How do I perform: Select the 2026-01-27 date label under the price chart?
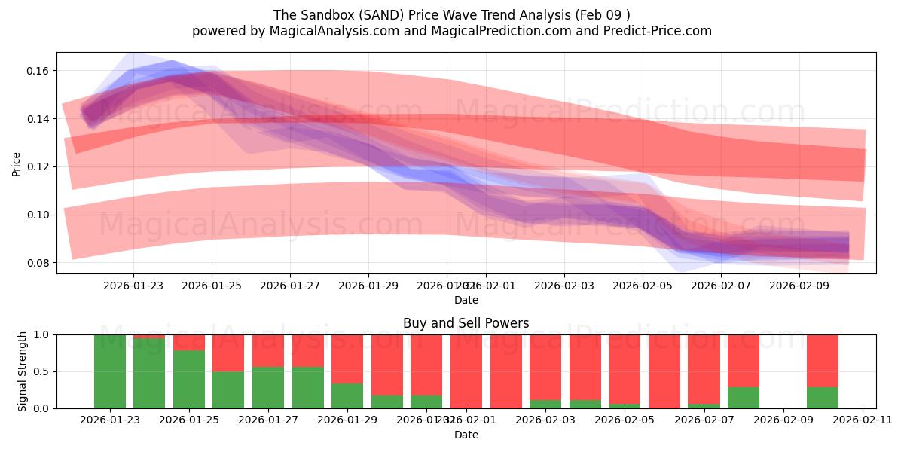290,286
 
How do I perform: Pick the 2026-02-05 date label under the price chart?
643,286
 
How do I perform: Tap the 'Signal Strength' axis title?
23,371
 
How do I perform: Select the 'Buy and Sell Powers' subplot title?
466,323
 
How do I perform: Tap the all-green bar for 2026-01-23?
110,371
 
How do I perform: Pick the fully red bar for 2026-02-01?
466,371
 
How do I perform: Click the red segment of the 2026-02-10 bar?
823,360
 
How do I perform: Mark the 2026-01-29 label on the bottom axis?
348,420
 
